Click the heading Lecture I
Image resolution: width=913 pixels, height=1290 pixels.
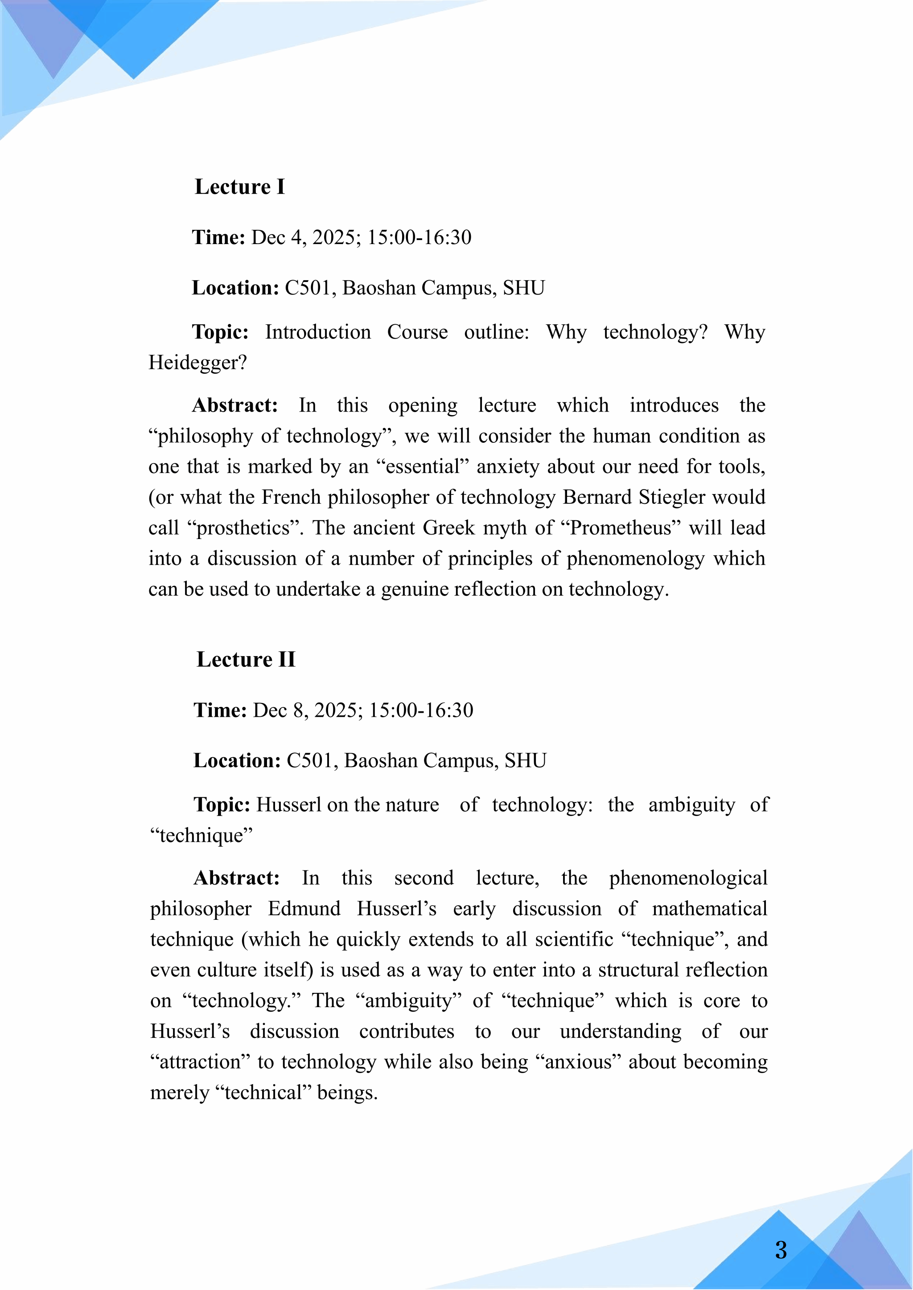pyautogui.click(x=239, y=187)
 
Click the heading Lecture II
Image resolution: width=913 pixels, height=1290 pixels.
pyautogui.click(x=246, y=659)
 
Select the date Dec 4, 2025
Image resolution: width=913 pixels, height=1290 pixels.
pyautogui.click(x=303, y=237)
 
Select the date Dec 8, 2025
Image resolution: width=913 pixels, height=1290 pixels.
pyautogui.click(x=305, y=710)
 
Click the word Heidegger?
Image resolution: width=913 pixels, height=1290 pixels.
pyautogui.click(x=197, y=363)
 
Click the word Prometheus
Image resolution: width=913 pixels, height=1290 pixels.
pyautogui.click(x=621, y=528)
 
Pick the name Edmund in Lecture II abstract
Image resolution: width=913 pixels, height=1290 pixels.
pyautogui.click(x=304, y=909)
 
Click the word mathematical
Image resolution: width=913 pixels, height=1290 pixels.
pyautogui.click(x=709, y=909)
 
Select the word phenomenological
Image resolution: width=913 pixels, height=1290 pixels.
pyautogui.click(x=688, y=878)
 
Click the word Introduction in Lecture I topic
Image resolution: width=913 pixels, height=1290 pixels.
pyautogui.click(x=318, y=332)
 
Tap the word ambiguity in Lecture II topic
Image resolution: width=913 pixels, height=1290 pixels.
pyautogui.click(x=691, y=804)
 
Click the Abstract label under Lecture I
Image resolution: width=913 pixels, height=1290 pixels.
pyautogui.click(x=235, y=405)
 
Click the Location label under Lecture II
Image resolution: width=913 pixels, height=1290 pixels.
pyautogui.click(x=237, y=760)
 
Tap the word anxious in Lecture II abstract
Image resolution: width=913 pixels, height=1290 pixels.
pyautogui.click(x=577, y=1062)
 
